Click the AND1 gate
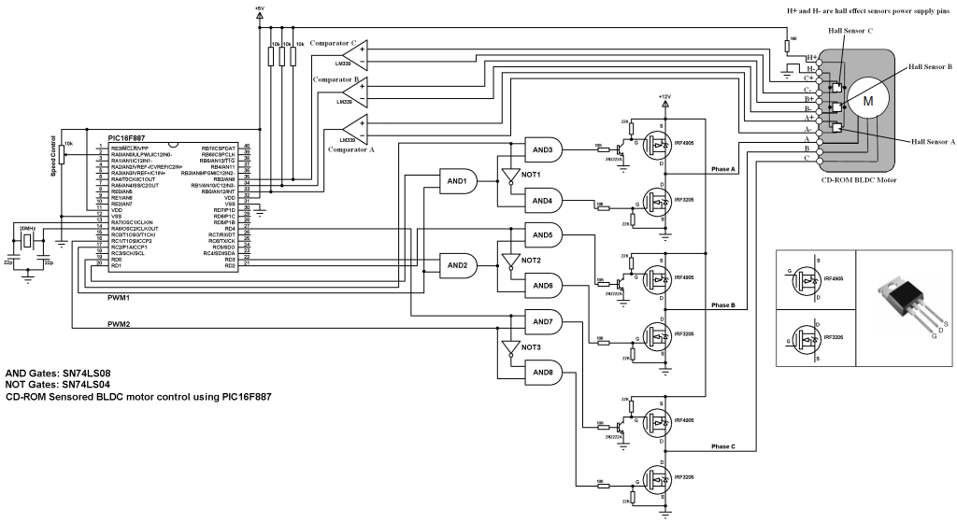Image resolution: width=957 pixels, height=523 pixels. click(x=458, y=180)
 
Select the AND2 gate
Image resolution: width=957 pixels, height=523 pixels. click(x=458, y=266)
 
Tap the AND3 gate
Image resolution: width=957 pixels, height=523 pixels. click(x=543, y=148)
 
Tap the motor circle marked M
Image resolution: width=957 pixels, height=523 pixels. click(x=867, y=99)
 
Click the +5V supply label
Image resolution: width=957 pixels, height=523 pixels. click(x=259, y=8)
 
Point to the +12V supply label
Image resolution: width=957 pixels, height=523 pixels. click(x=664, y=96)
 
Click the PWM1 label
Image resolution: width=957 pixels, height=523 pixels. click(x=119, y=297)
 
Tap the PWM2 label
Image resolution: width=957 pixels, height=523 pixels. click(x=119, y=325)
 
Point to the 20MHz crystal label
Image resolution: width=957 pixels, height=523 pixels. click(x=28, y=227)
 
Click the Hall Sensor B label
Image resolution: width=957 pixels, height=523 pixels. click(x=926, y=67)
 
